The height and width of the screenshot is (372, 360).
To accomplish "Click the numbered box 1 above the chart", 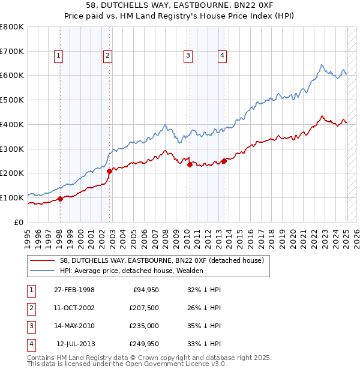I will (59, 56).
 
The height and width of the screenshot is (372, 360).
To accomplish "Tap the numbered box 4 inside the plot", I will (222, 56).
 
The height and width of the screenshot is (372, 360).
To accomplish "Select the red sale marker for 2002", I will (109, 171).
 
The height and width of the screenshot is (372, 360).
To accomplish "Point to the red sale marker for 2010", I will (190, 164).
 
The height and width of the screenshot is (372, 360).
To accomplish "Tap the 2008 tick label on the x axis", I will (165, 237).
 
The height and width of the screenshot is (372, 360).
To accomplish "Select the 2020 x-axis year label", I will (293, 237).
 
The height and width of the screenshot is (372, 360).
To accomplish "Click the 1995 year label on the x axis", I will (28, 237).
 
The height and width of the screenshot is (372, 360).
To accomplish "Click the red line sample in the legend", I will (42, 260).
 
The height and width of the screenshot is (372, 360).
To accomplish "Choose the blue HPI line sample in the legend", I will (42, 271).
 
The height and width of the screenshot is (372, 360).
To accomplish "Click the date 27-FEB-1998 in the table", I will (74, 290).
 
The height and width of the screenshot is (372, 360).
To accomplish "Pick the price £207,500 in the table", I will (144, 308).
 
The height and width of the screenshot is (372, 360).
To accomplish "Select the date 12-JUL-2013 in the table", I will (76, 344).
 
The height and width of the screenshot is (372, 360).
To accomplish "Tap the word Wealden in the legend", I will (190, 271).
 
